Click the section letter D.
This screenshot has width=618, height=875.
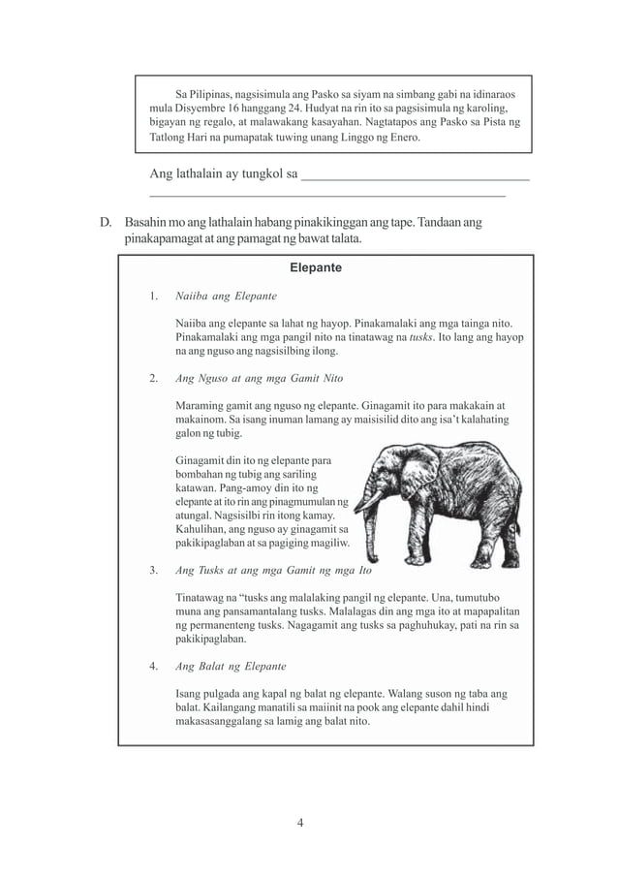tap(107, 223)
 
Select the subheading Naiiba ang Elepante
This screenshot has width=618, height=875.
tap(226, 295)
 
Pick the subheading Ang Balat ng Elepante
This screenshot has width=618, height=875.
tap(231, 667)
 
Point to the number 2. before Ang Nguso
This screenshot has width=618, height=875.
tap(154, 377)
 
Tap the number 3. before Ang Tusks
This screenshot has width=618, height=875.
tap(154, 570)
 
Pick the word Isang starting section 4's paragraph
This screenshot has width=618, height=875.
tap(191, 694)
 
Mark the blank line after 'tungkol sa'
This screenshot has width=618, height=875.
tap(416, 176)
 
